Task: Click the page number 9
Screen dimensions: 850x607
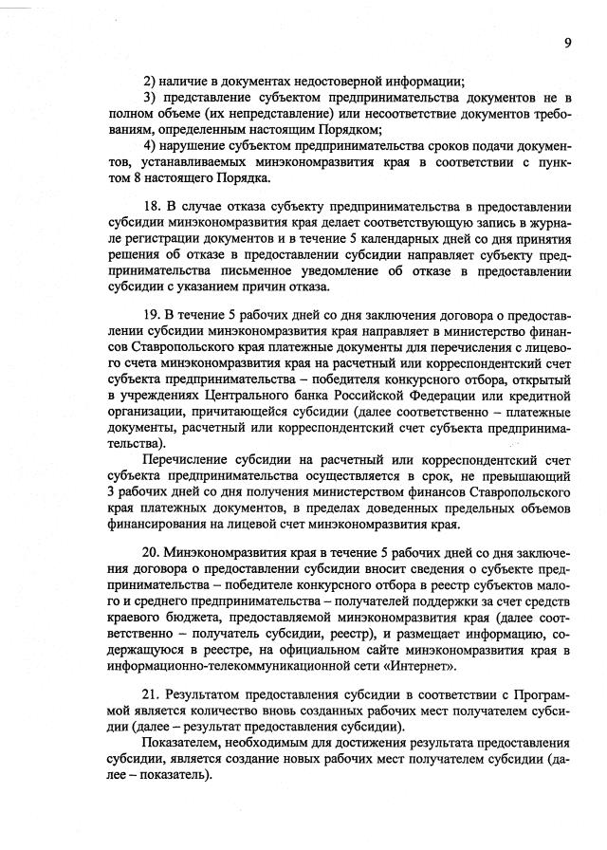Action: [567, 43]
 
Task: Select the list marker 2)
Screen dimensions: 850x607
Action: [149, 80]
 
